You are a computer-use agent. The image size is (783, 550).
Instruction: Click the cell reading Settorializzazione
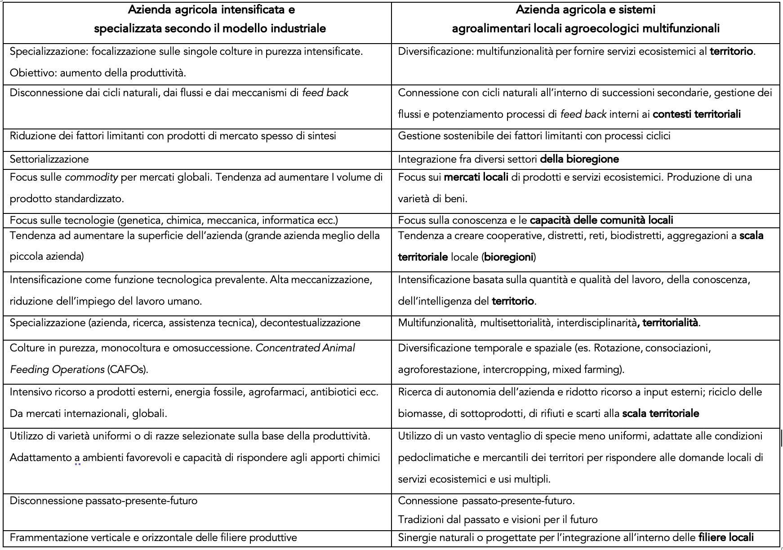click(49, 160)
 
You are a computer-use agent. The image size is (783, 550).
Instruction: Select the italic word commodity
click(91, 177)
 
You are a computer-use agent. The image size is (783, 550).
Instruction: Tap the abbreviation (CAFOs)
click(127, 370)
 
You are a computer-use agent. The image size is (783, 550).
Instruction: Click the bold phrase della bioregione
click(579, 160)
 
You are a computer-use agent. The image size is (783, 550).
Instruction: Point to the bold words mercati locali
click(476, 177)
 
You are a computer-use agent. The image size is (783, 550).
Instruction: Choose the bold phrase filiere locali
click(726, 538)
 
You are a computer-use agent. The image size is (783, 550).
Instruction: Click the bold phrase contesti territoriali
click(697, 115)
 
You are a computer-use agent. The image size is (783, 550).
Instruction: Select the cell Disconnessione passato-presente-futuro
click(103, 501)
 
